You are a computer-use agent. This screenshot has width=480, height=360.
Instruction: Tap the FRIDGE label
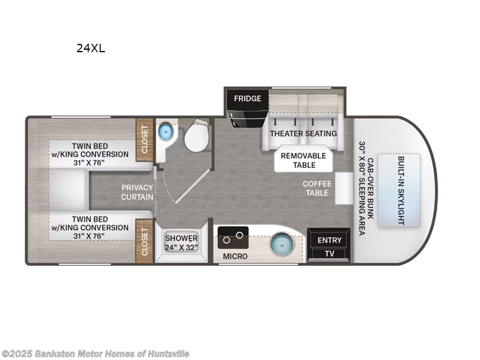247,98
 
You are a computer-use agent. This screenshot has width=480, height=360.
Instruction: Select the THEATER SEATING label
303,133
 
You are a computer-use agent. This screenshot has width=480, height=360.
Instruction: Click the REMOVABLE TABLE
304,160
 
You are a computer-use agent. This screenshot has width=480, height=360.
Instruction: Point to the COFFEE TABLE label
316,188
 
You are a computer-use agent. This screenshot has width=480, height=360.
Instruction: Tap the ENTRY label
329,241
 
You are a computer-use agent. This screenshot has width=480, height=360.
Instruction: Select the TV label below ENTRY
329,254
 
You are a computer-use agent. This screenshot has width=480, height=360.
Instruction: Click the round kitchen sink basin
280,245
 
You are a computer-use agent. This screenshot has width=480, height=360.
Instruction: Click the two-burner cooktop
233,237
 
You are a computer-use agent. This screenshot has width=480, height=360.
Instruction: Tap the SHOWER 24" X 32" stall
181,243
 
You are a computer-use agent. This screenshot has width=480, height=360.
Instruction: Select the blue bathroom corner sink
164,131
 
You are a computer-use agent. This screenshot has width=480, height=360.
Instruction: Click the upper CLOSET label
144,141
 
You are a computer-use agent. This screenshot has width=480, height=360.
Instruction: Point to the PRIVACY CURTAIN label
137,192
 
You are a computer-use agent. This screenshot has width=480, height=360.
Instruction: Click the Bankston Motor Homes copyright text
95,354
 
